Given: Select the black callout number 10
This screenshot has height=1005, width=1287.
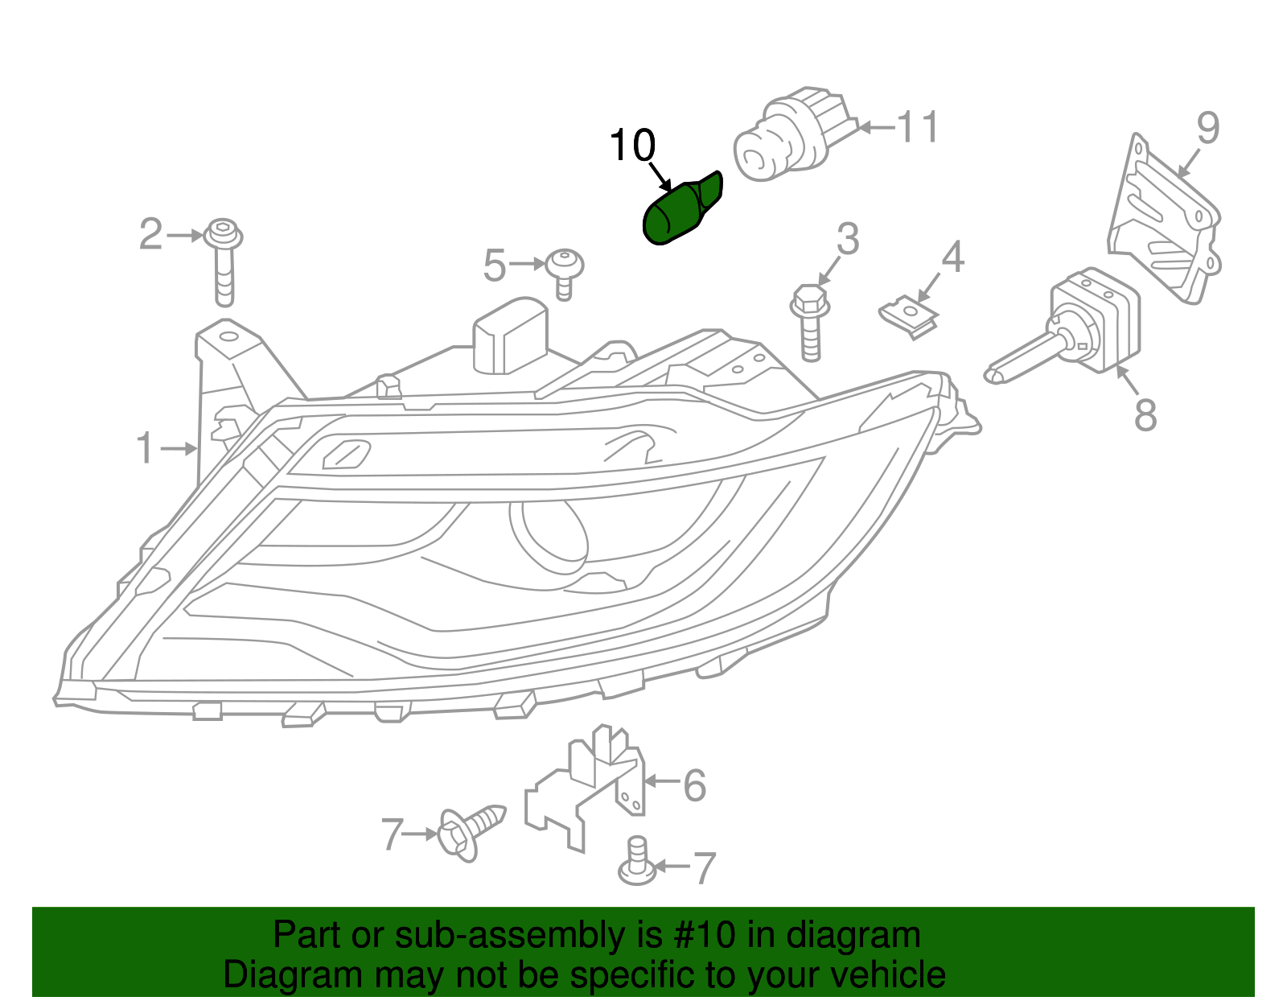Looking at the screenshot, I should click(632, 146).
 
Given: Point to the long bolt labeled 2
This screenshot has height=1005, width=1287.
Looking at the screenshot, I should click(224, 262).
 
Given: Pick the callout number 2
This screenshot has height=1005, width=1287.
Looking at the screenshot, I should click(150, 234).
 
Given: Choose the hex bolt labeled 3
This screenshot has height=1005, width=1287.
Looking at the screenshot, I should click(811, 322).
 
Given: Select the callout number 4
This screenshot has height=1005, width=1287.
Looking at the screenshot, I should click(952, 257).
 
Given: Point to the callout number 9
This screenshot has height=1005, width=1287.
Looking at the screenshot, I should click(1207, 128).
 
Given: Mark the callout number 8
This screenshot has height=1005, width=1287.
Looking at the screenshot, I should click(1145, 415).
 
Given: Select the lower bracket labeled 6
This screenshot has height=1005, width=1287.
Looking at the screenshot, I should click(586, 789).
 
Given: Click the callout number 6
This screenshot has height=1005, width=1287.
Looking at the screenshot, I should click(694, 785).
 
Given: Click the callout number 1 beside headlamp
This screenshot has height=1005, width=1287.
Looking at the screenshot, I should click(145, 448).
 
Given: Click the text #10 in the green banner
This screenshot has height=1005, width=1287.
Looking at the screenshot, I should click(700, 935).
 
